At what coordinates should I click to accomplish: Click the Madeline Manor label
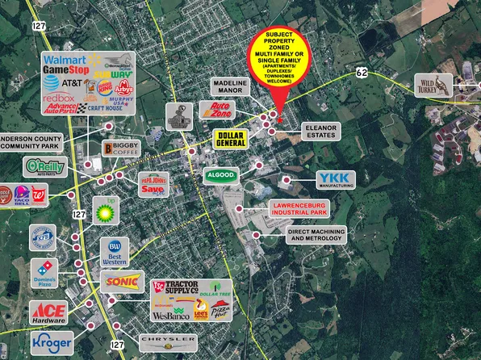pos(233,88)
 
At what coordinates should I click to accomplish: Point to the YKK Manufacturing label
pos(335,180)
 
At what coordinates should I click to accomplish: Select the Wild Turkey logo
pos(437,84)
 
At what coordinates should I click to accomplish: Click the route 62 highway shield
pos(362,74)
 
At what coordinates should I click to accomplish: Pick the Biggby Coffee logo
pos(120,149)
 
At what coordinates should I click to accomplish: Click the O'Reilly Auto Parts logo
pos(43,167)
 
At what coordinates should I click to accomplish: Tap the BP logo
pos(106,211)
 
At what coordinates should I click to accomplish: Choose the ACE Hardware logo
pos(48,312)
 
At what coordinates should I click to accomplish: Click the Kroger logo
pos(52,342)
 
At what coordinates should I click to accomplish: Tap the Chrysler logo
pos(168,341)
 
